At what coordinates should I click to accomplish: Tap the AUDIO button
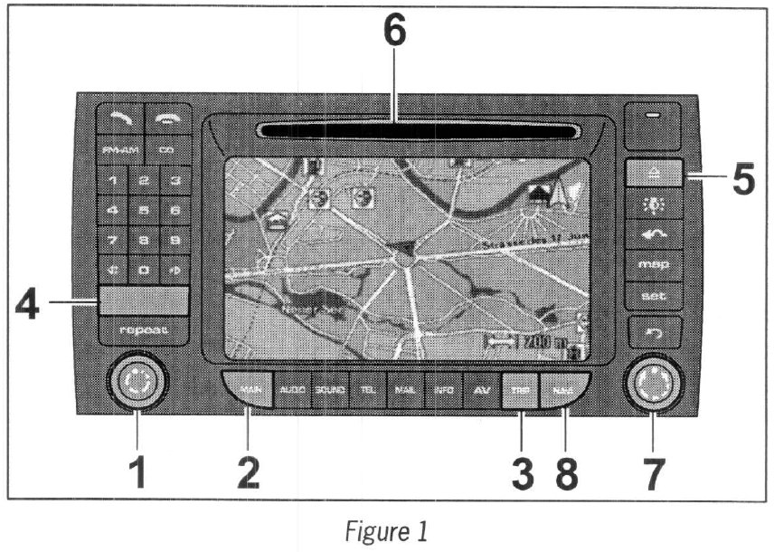pos(292,390)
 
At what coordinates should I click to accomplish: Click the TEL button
pos(367,390)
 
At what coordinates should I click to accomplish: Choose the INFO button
pos(443,390)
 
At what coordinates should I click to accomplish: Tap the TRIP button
pos(519,390)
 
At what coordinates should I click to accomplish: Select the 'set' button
pos(653,295)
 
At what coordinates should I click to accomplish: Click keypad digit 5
pos(144,210)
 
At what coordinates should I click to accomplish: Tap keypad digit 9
pos(175,240)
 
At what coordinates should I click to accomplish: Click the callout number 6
pos(394,33)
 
